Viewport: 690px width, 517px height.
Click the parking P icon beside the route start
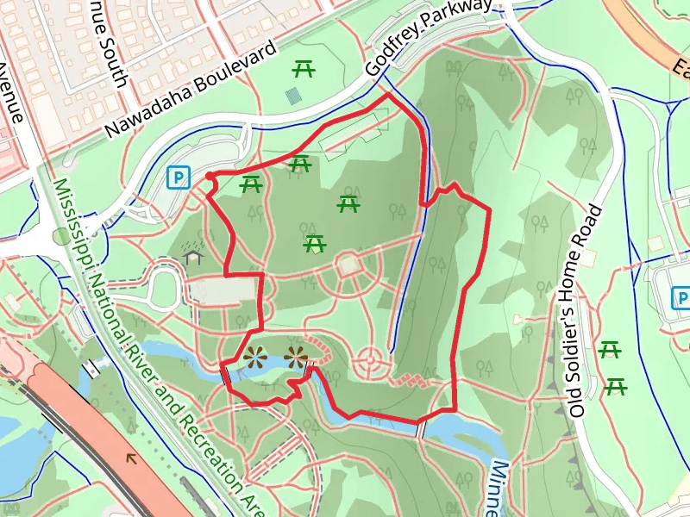click(178, 178)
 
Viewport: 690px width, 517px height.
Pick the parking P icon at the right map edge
click(681, 298)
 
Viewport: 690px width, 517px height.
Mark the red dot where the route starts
click(210, 177)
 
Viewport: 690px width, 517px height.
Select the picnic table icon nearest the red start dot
click(251, 184)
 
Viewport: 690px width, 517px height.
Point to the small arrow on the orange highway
click(133, 458)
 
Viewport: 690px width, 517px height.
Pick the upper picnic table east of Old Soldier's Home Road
click(610, 350)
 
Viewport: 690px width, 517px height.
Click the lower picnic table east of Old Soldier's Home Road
click(616, 386)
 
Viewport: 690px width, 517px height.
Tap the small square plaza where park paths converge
click(349, 265)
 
